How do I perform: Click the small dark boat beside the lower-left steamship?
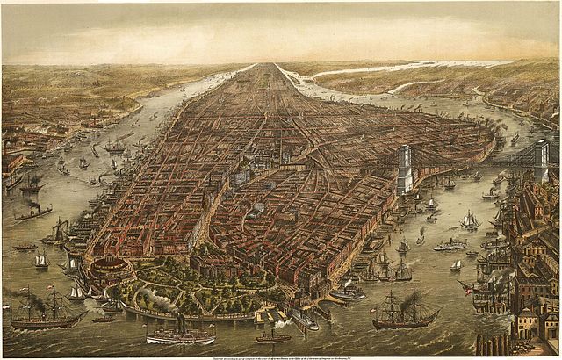103,319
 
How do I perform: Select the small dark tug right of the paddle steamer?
273,336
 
